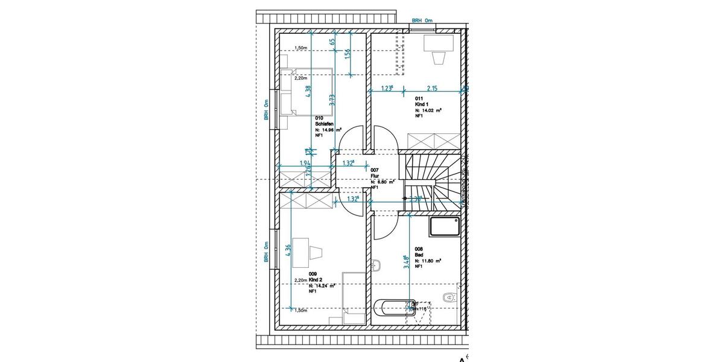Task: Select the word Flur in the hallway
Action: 375,176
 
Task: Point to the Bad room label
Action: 418,254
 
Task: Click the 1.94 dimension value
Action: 305,163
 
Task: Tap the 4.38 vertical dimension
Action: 308,91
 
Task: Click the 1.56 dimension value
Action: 348,54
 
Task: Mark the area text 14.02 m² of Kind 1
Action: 430,110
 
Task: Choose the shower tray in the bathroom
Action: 445,227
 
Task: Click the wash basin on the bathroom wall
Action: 376,265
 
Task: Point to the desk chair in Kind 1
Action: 439,57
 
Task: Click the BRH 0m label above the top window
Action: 423,20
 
